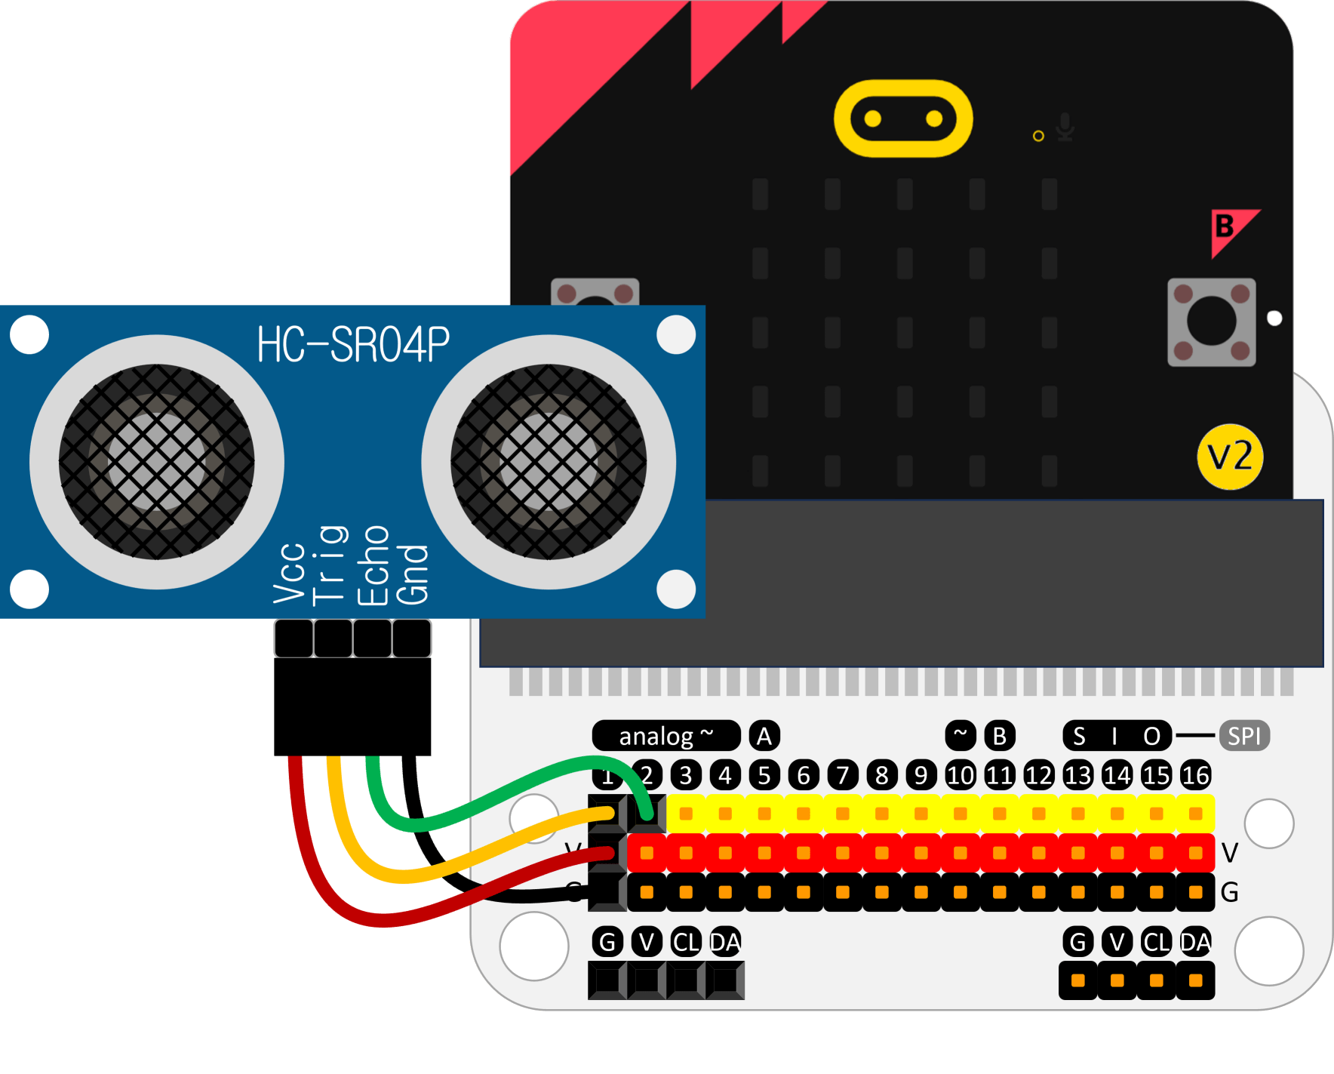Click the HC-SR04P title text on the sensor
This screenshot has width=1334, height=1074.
point(353,344)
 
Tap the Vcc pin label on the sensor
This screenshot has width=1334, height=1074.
point(290,574)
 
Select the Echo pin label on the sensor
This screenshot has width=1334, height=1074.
point(373,566)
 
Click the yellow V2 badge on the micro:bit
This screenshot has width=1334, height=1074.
point(1230,457)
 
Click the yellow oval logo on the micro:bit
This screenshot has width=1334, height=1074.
point(903,118)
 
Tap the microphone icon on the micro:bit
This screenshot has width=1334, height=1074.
point(1065,127)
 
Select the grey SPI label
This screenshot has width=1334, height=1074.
point(1244,736)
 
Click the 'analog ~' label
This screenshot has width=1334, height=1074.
point(665,736)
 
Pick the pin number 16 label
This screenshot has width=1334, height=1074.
point(1195,775)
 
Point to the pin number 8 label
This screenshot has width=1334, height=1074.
point(881,775)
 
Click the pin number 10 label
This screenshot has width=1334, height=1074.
point(960,775)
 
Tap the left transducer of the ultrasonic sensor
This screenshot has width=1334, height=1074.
point(157,462)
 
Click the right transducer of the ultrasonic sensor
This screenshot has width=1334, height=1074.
point(549,462)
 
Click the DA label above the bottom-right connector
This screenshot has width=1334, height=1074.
point(1195,942)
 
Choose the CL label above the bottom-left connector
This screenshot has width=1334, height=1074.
point(685,942)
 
